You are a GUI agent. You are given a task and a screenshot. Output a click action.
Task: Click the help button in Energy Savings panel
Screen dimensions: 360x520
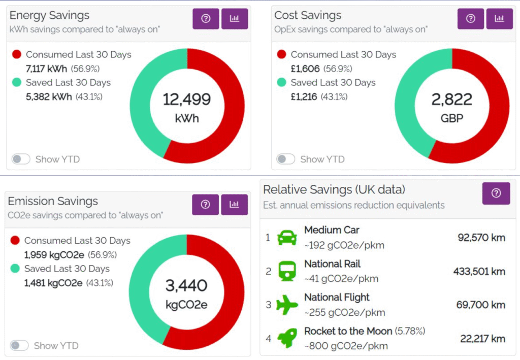tap(206, 19)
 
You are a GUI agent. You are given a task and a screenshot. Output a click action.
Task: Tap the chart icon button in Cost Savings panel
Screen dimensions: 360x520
tap(499, 19)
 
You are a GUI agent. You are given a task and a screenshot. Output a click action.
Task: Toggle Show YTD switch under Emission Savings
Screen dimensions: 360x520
tap(20, 346)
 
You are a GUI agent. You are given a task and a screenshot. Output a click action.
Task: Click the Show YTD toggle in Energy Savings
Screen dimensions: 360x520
tap(21, 159)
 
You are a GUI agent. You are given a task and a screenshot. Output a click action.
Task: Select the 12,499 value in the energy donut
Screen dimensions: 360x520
tap(186, 99)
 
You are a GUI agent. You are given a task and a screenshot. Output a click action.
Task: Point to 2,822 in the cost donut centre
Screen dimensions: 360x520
tap(451, 99)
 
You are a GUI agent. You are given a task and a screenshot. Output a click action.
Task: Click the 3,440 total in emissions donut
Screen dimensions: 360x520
tap(186, 285)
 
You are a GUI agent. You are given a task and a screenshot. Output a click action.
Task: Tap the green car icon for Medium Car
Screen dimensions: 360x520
tap(287, 237)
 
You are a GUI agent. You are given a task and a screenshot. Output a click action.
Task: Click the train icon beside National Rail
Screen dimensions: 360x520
tap(287, 271)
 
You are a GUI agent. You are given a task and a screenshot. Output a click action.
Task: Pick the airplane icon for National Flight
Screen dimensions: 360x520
tap(287, 305)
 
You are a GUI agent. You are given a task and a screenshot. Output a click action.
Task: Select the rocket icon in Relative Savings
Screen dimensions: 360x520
tap(287, 338)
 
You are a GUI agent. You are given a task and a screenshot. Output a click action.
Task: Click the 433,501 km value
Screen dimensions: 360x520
tap(479, 272)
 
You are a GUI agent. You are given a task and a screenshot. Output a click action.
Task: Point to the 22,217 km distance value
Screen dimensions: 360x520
tap(482, 339)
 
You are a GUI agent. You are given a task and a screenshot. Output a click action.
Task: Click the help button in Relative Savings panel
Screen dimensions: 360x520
tap(496, 193)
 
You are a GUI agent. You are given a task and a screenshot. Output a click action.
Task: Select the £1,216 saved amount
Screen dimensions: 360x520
tap(304, 96)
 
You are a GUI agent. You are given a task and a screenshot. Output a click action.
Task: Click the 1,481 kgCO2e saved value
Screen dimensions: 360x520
tap(53, 283)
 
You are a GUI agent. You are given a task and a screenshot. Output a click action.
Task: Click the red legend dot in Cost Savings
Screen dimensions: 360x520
tap(282, 54)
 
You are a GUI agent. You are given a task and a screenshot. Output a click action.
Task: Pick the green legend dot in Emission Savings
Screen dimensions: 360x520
tap(15, 269)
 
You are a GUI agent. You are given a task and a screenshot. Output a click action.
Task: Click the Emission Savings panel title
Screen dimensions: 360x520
tap(53, 201)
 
